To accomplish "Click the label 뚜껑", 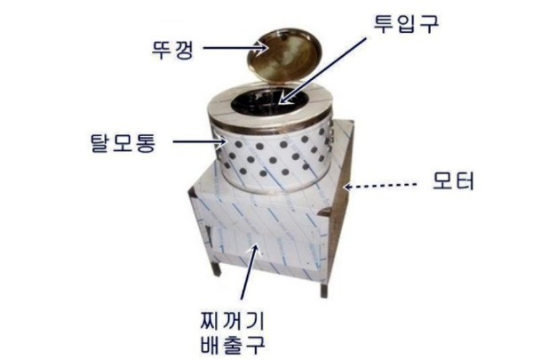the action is click(172, 50).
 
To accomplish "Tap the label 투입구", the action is click(406, 24).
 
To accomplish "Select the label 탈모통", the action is click(123, 142).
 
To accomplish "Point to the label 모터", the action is click(453, 180).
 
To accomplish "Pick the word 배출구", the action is click(233, 344).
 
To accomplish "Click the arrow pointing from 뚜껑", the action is click(235, 48).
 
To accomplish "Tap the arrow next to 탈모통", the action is click(199, 141).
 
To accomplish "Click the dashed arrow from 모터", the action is click(380, 186).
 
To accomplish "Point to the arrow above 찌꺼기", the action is click(250, 272).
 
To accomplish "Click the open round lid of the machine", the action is click(284, 56).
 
